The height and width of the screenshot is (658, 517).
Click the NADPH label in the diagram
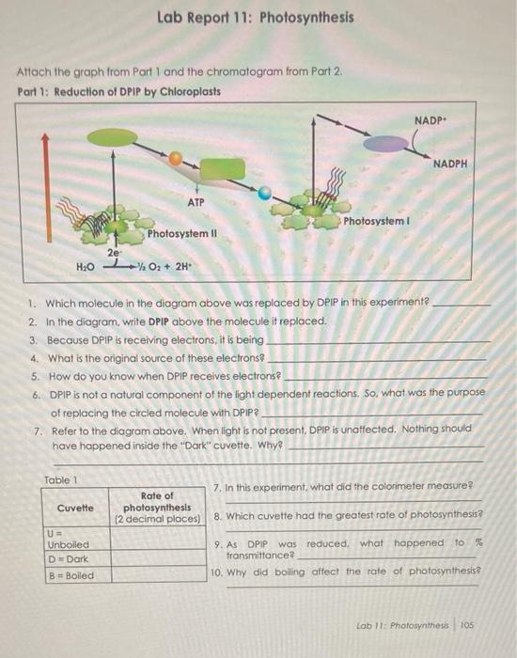coord(450,164)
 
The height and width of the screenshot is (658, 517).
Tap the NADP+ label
coord(430,120)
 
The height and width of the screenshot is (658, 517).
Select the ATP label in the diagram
coord(196,201)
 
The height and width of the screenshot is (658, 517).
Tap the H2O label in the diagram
coord(86,267)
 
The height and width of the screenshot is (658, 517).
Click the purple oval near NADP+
coord(382,142)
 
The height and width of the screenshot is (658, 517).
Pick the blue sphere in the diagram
coord(267,195)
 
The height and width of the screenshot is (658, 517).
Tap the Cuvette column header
coord(75,508)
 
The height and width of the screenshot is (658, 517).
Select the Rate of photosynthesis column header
coord(157,508)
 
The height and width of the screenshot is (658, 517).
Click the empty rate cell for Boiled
coord(157,574)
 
